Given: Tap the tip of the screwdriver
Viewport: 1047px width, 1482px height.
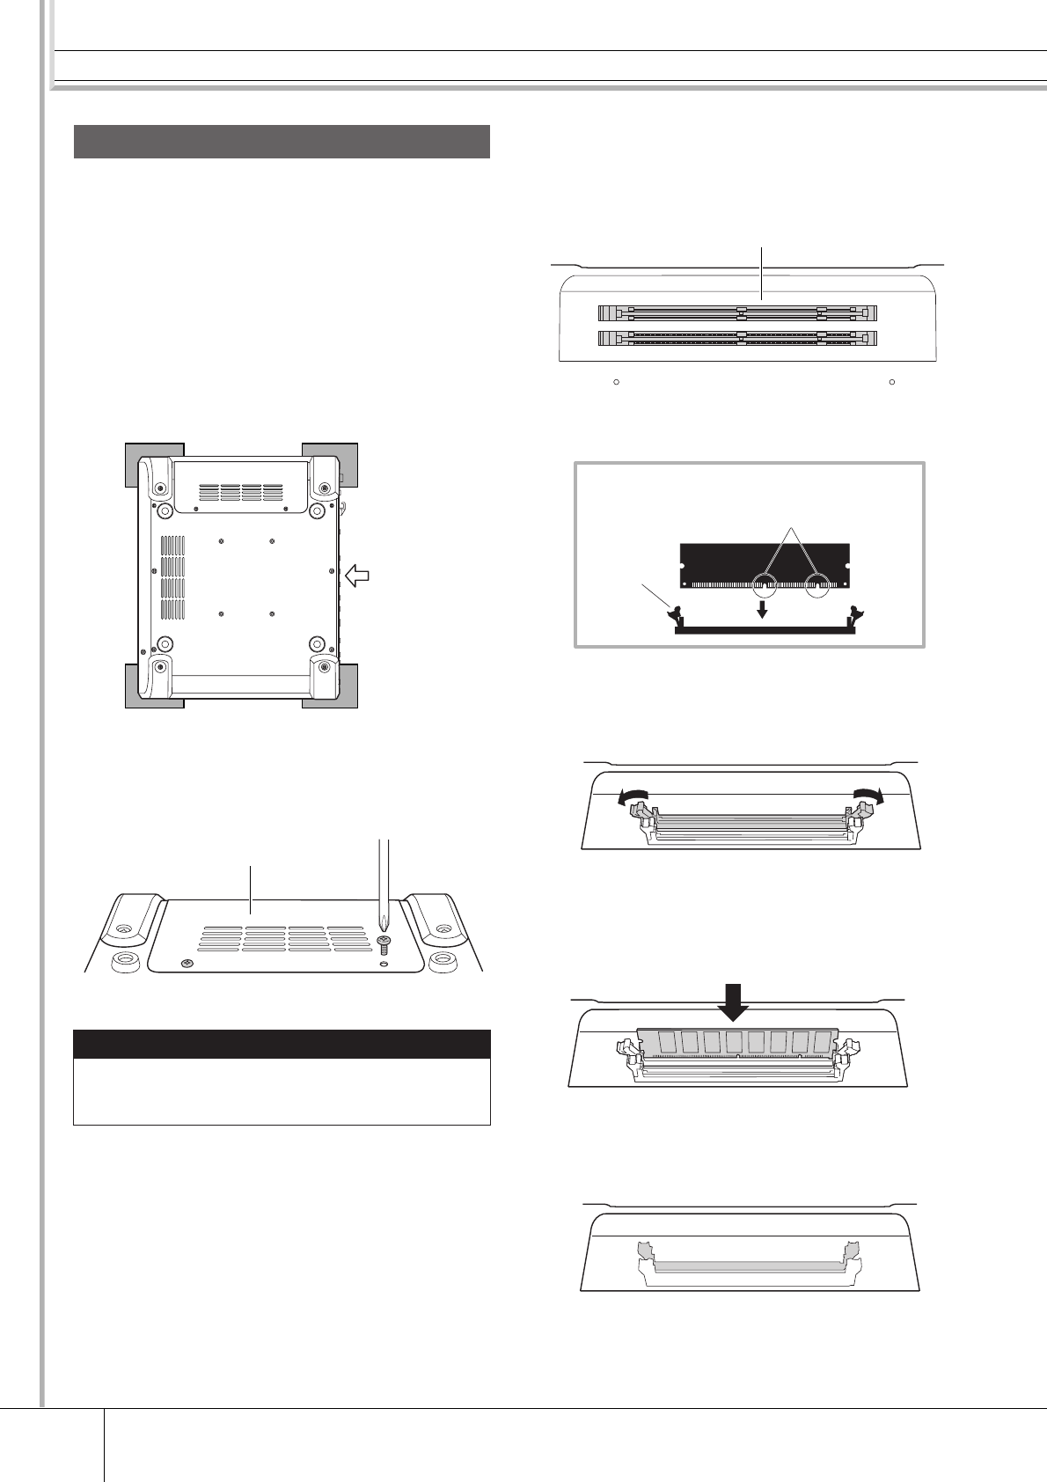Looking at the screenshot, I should (384, 926).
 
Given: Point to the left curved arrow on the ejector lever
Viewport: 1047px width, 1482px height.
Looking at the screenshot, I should (629, 796).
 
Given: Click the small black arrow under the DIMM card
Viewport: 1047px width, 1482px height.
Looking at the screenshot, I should (762, 610).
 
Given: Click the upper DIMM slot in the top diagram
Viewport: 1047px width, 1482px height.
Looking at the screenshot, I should (737, 312).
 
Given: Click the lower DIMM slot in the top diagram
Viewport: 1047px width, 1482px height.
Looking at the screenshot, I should (737, 337).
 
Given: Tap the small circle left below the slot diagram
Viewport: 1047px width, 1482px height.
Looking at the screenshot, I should (617, 383).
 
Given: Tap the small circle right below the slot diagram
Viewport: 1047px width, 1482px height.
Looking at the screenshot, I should (891, 383).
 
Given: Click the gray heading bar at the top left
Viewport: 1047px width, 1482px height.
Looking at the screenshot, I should (282, 142).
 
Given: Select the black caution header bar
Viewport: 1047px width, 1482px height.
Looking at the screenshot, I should (282, 1044).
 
